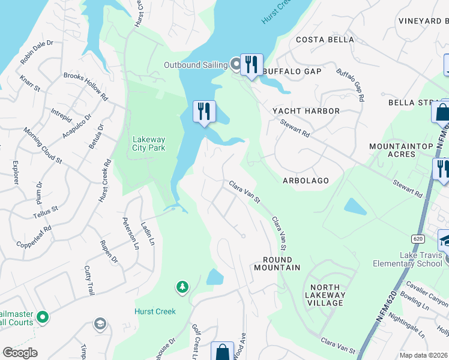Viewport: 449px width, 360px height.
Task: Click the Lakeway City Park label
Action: (148, 144)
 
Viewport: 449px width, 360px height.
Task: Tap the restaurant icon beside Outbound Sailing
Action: (252, 64)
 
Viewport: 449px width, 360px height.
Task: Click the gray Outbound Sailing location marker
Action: (235, 64)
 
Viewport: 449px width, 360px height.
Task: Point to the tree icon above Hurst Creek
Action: (182, 288)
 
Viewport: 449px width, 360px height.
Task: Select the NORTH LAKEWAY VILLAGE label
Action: (325, 295)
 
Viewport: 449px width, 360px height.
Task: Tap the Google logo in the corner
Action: (20, 352)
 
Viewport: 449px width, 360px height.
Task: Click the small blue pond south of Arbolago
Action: (355, 206)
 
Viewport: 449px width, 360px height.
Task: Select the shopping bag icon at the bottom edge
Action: (222, 352)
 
